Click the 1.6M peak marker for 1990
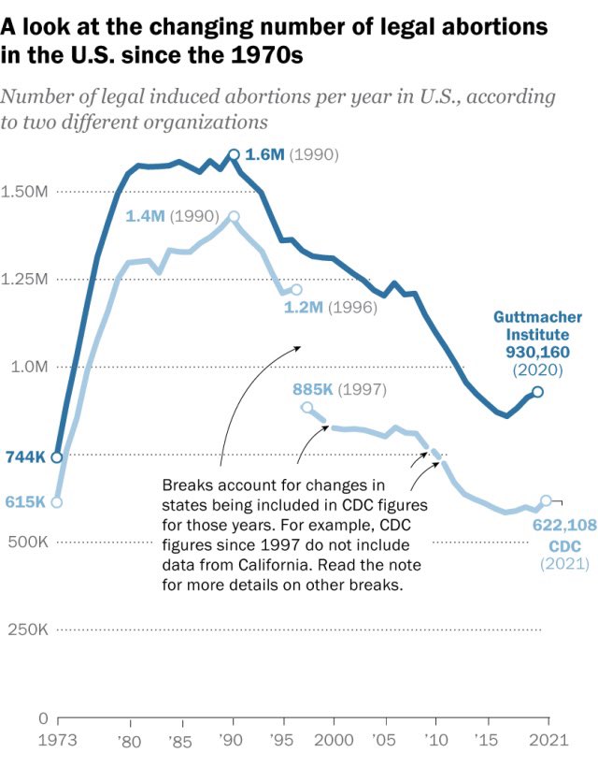[x=234, y=155]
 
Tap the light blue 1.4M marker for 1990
[x=234, y=216]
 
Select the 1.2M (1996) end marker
[x=296, y=290]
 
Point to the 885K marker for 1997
[x=306, y=407]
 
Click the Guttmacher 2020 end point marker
[x=536, y=392]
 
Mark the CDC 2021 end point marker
[x=547, y=500]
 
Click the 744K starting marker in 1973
[x=57, y=457]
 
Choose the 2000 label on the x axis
[x=334, y=740]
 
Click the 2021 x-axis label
[x=547, y=740]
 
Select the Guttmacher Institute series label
[x=531, y=326]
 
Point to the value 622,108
[x=564, y=525]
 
